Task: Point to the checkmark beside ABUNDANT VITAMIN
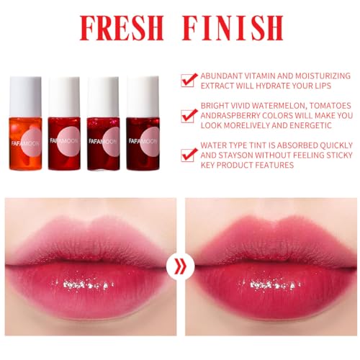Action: pyautogui.click(x=189, y=80)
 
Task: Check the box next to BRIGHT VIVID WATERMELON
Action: pyautogui.click(x=189, y=115)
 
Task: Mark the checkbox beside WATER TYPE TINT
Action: pyautogui.click(x=189, y=153)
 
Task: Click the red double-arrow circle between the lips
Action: pyautogui.click(x=179, y=268)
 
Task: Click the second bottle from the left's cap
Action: pyautogui.click(x=64, y=91)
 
